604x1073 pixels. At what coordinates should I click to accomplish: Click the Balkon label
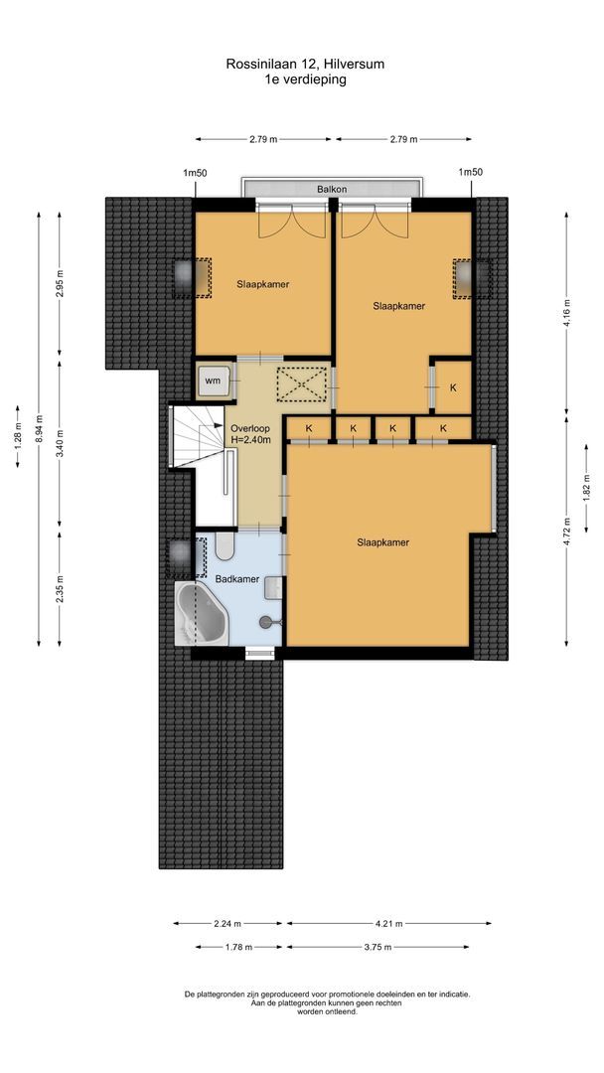(x=331, y=188)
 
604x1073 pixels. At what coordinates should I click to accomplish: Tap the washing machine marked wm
(x=213, y=380)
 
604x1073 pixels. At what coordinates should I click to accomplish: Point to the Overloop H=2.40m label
(x=249, y=434)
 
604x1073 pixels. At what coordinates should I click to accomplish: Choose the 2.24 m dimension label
(x=227, y=923)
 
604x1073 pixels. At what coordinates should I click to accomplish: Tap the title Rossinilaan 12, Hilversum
(x=305, y=64)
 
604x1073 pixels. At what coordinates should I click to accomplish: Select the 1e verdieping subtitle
(x=305, y=79)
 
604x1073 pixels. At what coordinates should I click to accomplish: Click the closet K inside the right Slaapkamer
(x=453, y=386)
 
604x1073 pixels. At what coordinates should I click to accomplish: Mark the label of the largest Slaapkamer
(x=383, y=542)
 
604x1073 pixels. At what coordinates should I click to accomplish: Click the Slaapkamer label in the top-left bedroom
(x=263, y=284)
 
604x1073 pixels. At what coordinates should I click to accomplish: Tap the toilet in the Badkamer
(x=223, y=547)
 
